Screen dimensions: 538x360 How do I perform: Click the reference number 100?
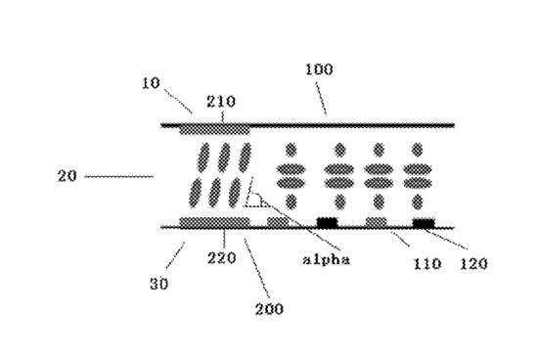point(319,69)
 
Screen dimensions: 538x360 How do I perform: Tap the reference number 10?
point(152,83)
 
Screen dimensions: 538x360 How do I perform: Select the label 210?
point(221,102)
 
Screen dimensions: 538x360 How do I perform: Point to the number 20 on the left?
point(67,176)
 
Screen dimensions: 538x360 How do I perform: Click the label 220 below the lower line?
point(222,257)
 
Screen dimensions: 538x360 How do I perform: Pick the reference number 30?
point(159,284)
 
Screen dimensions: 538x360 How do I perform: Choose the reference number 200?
point(269,309)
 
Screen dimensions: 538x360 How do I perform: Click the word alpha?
point(327,259)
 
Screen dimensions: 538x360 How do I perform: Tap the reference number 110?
point(426,264)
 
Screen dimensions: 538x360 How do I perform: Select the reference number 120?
point(473,264)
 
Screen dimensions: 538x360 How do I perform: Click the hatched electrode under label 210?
point(215,130)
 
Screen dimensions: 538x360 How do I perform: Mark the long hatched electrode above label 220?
point(215,222)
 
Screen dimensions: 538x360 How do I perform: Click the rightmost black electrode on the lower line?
point(424,223)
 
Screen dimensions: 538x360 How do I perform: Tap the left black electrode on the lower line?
point(327,223)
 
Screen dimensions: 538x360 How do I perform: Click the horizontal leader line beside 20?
point(118,177)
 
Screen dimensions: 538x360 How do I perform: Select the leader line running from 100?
point(321,98)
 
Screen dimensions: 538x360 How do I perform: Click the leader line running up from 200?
point(257,268)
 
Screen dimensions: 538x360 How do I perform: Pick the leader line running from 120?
point(445,239)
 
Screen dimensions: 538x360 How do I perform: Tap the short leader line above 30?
point(176,255)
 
